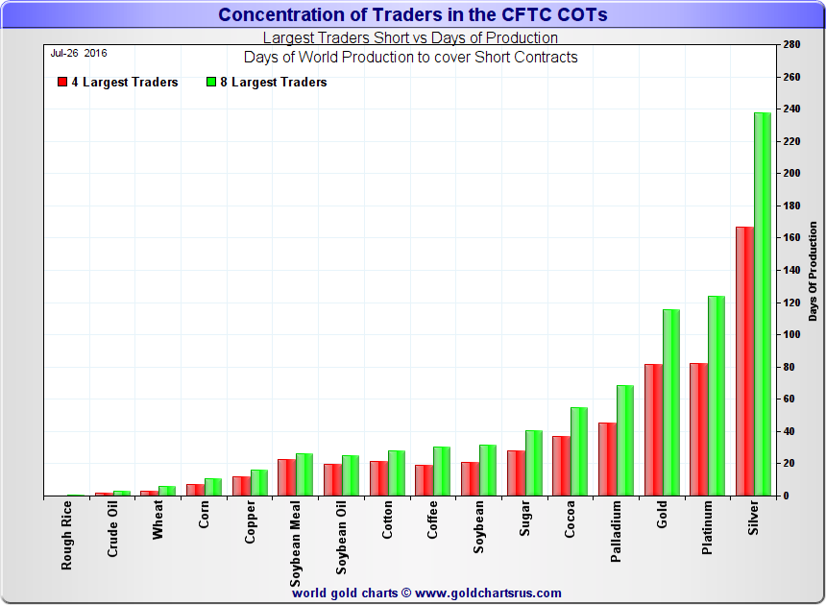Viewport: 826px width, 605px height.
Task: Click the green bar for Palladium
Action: coord(625,441)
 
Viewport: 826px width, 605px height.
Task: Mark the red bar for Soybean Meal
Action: coord(286,477)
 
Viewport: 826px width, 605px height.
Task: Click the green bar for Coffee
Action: coord(442,472)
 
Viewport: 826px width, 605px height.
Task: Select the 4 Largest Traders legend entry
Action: coord(117,83)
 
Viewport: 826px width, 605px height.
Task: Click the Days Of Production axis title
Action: coord(813,271)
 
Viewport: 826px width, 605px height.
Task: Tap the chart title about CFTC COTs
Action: coord(413,14)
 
